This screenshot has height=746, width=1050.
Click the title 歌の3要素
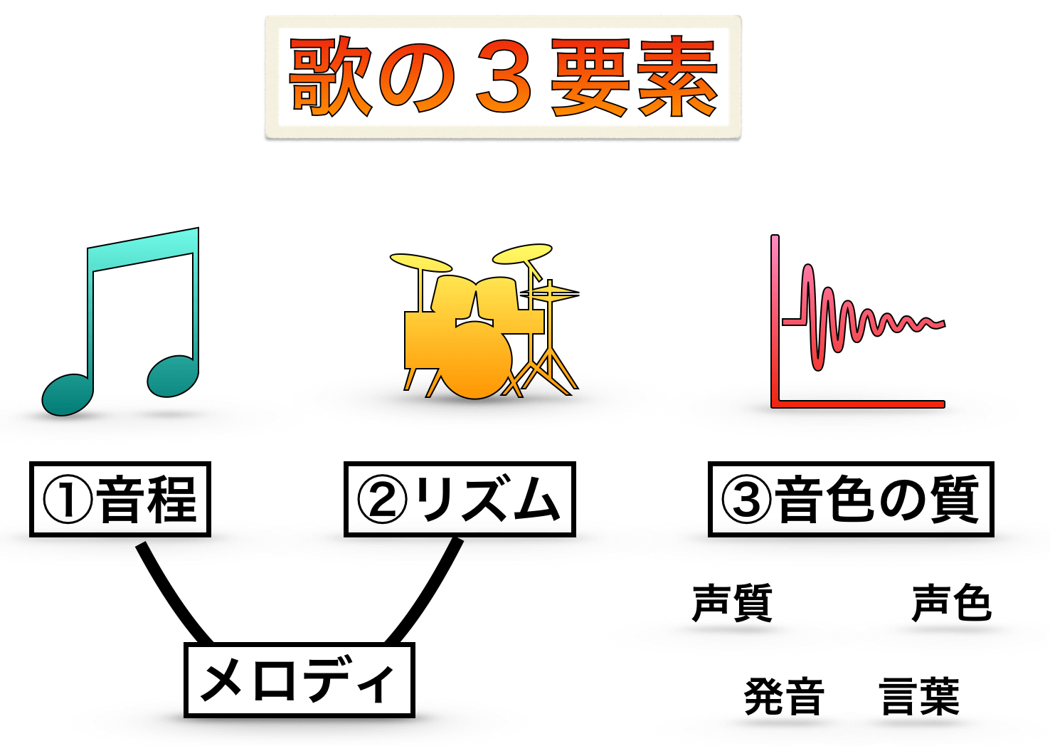[503, 77]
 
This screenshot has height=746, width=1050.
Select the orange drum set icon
[484, 322]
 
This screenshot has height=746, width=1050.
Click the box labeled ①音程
[120, 499]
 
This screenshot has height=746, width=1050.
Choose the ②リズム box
[460, 499]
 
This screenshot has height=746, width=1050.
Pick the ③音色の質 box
[851, 499]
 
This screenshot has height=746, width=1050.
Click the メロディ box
[299, 681]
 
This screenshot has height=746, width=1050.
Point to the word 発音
[784, 696]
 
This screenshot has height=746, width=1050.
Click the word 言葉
[919, 696]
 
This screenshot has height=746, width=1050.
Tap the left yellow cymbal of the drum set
[420, 262]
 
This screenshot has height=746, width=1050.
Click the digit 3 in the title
[504, 78]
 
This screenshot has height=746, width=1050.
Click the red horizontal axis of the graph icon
[858, 404]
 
